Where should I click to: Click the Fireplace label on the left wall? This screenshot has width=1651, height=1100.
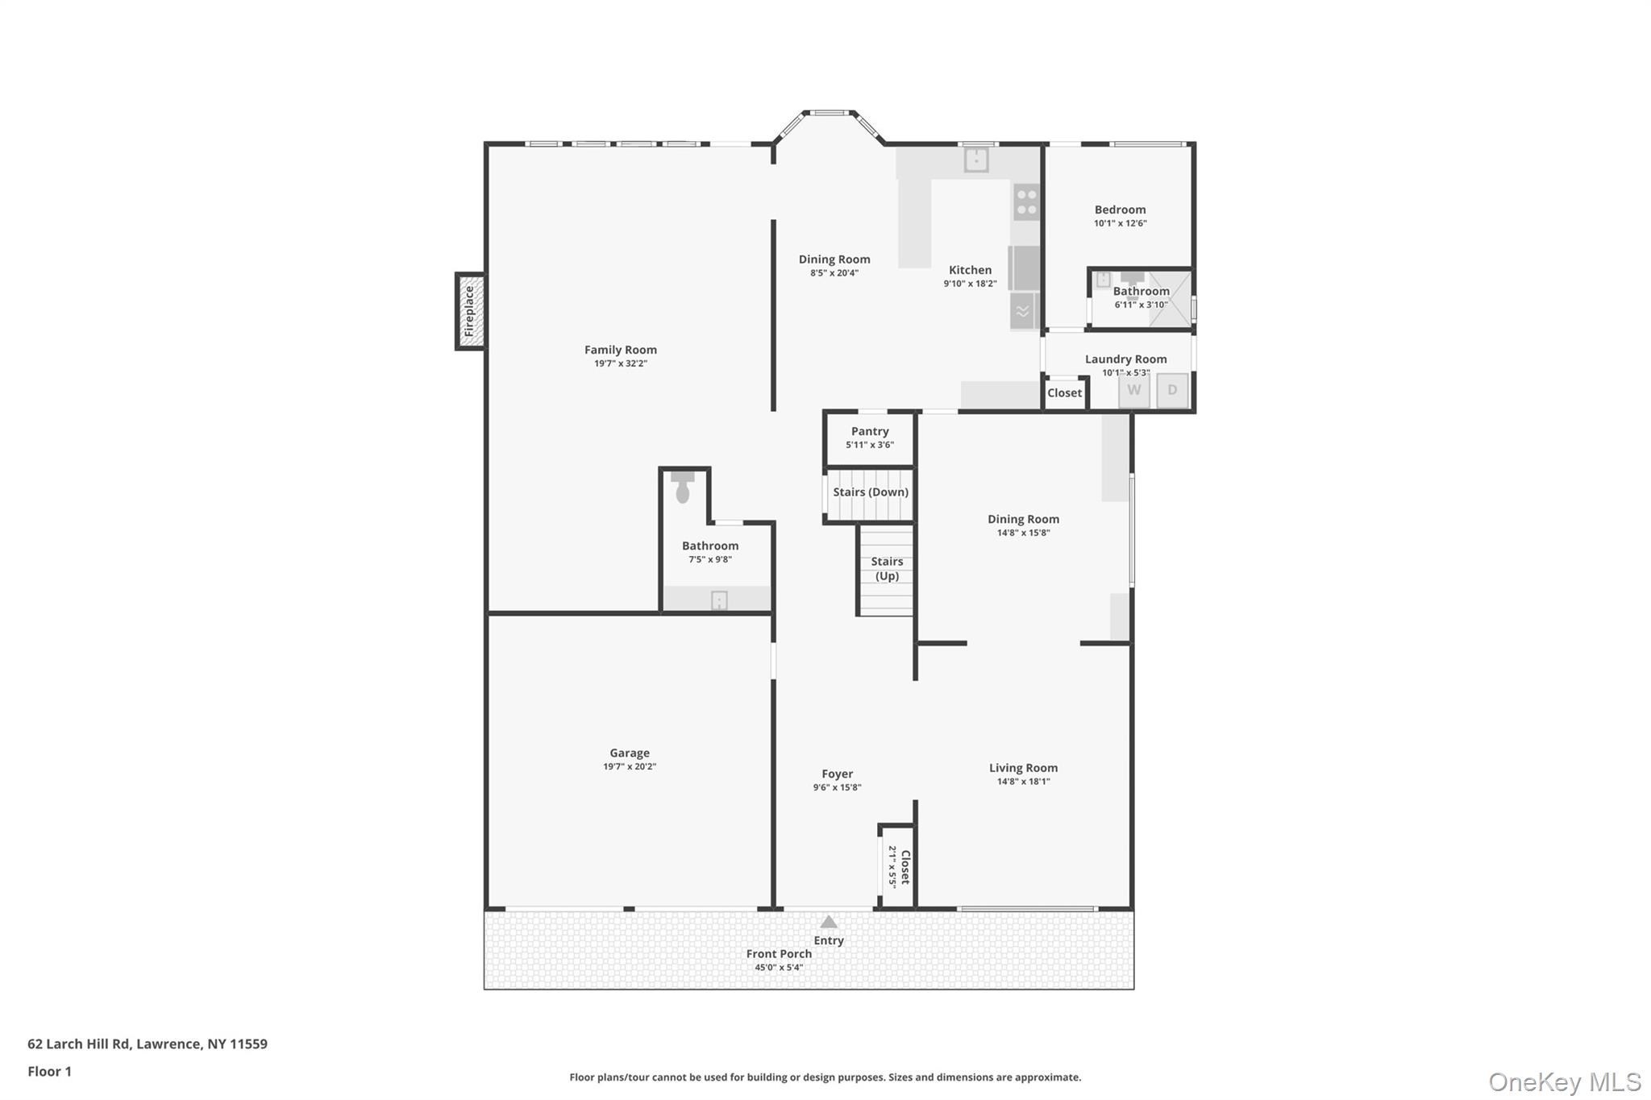click(x=469, y=311)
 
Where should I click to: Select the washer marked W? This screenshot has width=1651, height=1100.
click(x=1133, y=390)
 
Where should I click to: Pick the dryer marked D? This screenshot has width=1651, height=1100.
click(x=1172, y=390)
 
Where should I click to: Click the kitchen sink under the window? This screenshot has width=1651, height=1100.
click(x=976, y=160)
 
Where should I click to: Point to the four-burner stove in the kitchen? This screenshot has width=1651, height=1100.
click(x=1026, y=201)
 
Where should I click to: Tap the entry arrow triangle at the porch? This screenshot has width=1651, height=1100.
click(x=829, y=922)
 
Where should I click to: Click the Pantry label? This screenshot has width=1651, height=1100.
click(x=870, y=431)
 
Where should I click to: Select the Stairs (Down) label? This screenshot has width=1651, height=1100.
click(x=871, y=492)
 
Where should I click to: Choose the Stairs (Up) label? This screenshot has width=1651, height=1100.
click(x=887, y=568)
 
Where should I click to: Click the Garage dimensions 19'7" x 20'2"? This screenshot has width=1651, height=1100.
click(x=630, y=766)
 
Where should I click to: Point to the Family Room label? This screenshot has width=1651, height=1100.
click(x=621, y=350)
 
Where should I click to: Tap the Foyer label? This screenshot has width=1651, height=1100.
click(x=838, y=774)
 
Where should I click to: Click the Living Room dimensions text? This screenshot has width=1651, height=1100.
click(x=1024, y=781)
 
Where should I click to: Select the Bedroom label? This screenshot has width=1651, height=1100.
click(x=1120, y=210)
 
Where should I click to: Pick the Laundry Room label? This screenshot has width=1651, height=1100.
click(x=1125, y=359)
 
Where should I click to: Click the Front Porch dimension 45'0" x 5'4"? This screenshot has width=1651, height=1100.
click(x=779, y=967)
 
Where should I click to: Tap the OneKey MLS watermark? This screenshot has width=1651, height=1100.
click(x=1565, y=1081)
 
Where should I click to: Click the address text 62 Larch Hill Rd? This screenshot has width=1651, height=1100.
click(x=79, y=1044)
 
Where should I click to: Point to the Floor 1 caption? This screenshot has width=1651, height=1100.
click(x=49, y=1071)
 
